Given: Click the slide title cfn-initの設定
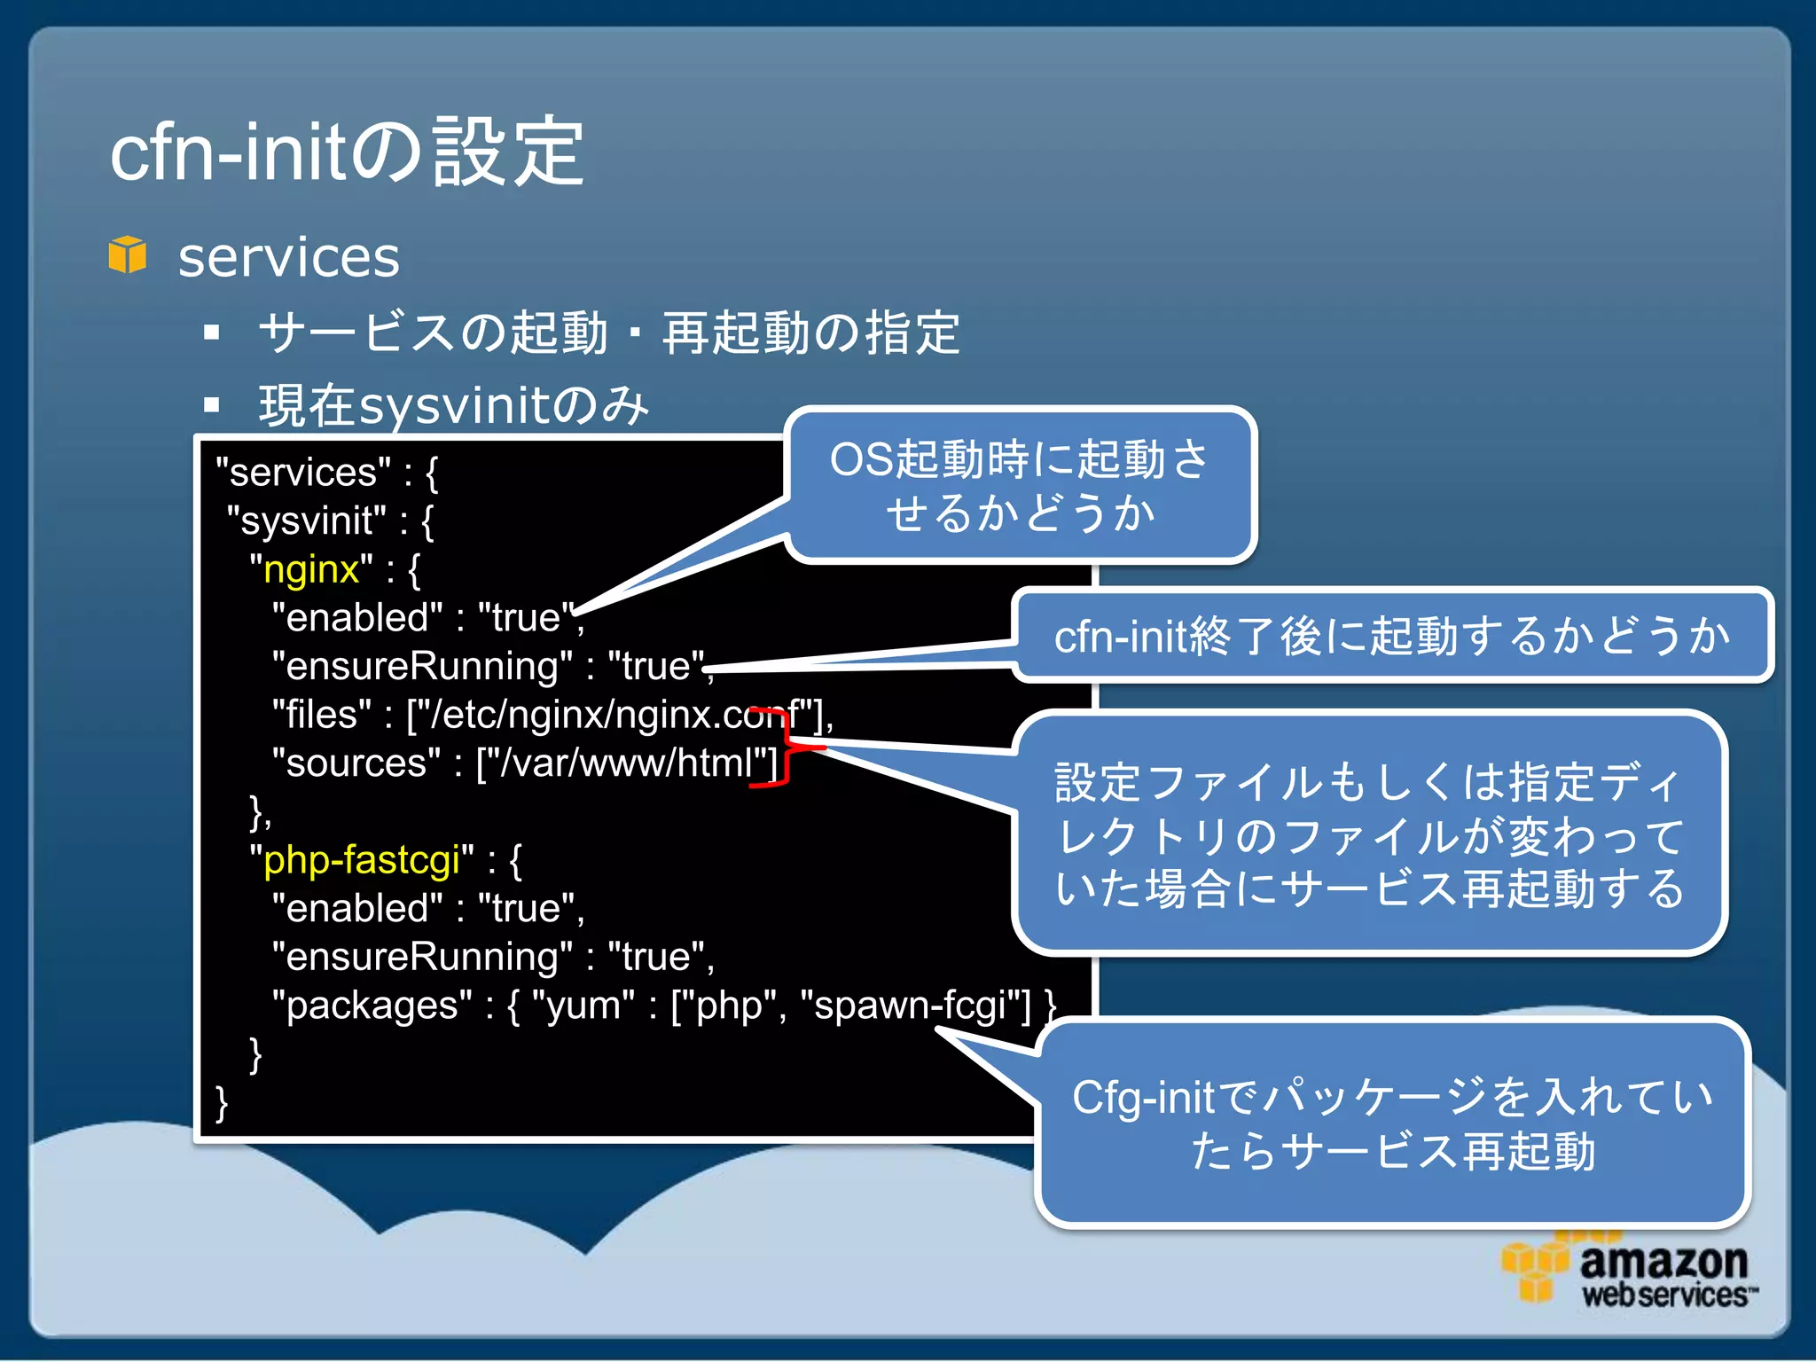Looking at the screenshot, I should click(x=346, y=153).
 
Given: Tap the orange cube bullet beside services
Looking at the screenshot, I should click(x=128, y=255).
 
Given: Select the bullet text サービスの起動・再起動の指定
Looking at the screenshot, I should click(x=608, y=333).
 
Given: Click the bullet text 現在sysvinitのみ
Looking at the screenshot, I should click(x=453, y=406).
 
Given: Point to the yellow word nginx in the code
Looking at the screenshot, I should click(x=311, y=569).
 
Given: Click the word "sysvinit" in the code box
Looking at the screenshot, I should click(x=307, y=521).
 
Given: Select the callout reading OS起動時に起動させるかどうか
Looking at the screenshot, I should click(x=1020, y=486).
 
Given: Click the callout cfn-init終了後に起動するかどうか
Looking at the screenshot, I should click(x=1392, y=636).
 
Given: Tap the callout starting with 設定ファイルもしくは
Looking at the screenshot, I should click(x=1369, y=834).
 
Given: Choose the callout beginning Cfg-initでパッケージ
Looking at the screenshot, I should click(x=1392, y=1123).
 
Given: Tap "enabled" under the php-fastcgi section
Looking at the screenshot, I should click(x=357, y=909).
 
